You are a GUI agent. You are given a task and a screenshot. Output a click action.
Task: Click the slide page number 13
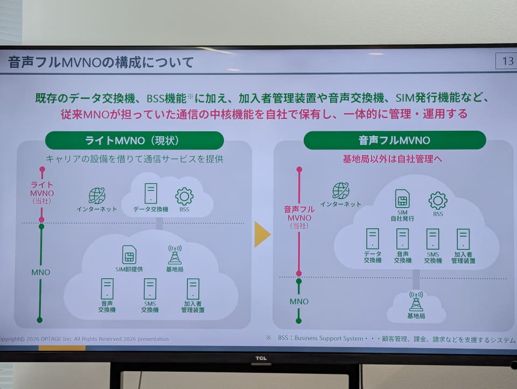[508, 61]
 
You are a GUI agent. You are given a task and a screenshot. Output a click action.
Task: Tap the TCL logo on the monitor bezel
[261, 358]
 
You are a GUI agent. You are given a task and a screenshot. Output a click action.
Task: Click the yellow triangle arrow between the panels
[262, 234]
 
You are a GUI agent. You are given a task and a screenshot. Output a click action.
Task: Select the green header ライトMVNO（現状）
[135, 140]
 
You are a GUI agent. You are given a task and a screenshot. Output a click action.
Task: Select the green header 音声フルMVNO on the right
[395, 140]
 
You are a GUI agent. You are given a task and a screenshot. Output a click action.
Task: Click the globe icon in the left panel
[97, 196]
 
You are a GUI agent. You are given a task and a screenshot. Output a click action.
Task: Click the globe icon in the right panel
[340, 190]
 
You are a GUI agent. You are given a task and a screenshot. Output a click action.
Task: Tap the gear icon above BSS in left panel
[184, 196]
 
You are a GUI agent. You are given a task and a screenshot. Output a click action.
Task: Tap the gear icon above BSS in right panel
[438, 201]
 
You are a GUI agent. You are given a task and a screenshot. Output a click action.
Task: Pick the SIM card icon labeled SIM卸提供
[129, 254]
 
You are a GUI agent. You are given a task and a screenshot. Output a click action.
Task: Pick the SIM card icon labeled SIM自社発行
[402, 199]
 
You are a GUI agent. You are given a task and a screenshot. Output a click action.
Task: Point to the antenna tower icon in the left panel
[174, 254]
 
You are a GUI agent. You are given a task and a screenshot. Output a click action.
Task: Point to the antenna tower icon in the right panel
[416, 301]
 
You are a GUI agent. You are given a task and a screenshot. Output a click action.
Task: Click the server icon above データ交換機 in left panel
[151, 193]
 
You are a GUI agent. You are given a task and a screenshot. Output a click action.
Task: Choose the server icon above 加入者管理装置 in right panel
[463, 239]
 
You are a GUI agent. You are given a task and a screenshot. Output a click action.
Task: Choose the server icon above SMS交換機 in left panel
[150, 289]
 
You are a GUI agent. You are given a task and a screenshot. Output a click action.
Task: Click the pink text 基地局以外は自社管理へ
[393, 159]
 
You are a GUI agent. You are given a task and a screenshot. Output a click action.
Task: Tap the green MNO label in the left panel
[41, 272]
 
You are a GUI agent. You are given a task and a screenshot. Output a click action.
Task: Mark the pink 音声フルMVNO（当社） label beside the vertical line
[299, 217]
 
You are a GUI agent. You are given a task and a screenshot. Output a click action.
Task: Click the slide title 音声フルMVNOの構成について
[101, 62]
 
